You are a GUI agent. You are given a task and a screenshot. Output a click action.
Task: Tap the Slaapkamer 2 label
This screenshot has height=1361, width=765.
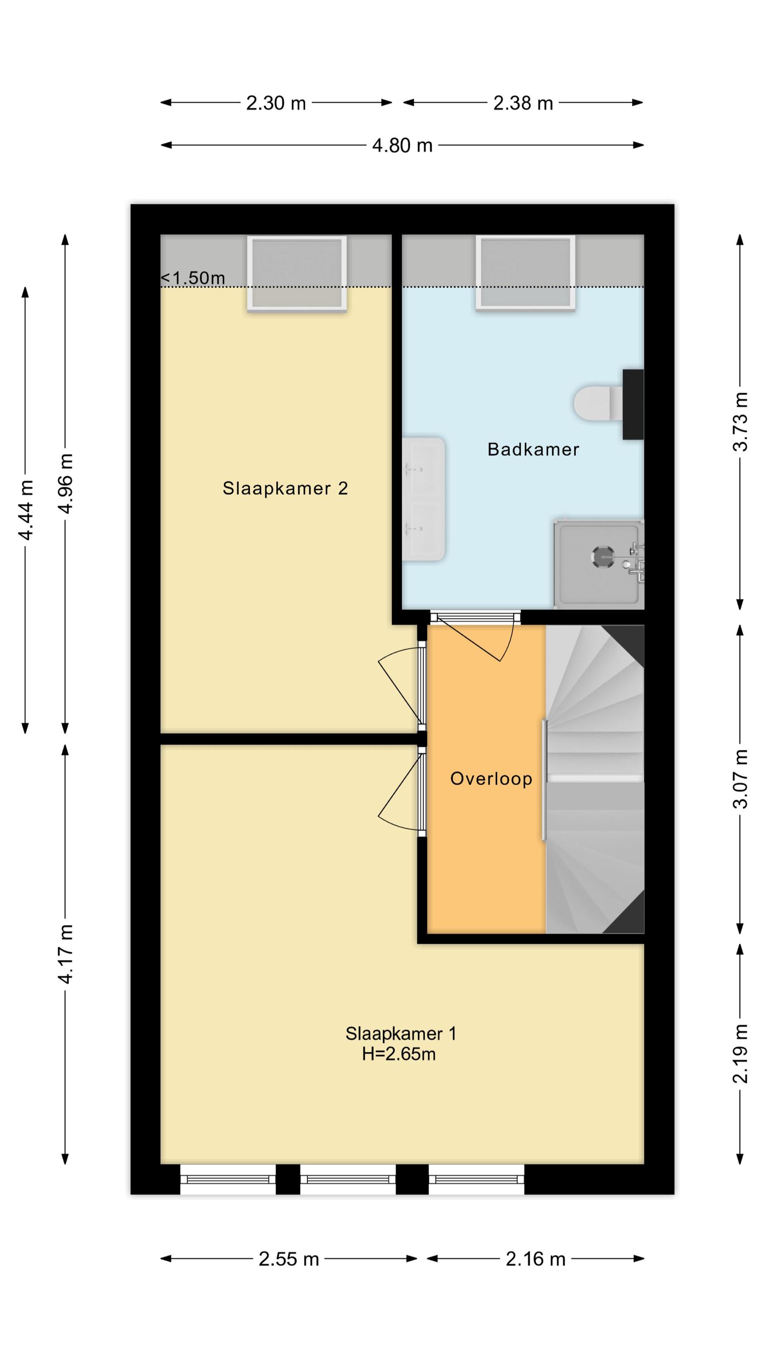click(x=285, y=488)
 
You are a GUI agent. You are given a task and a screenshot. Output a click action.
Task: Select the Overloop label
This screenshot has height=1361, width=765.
click(x=491, y=779)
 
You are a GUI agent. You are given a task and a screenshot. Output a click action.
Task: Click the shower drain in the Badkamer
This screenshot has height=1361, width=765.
click(x=603, y=556)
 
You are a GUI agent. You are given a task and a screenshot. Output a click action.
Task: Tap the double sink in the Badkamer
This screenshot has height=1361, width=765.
click(x=423, y=499)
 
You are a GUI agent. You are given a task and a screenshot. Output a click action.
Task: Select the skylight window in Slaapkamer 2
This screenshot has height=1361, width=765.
click(x=297, y=273)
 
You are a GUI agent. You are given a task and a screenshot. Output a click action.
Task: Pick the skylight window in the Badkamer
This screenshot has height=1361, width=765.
click(x=525, y=272)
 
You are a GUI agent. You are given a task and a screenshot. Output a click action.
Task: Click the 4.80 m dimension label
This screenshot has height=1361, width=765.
click(x=402, y=145)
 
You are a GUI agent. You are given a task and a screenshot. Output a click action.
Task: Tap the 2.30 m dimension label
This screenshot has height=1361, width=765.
click(x=276, y=103)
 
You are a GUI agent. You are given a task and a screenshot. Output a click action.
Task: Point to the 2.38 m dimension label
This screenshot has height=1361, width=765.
click(x=523, y=103)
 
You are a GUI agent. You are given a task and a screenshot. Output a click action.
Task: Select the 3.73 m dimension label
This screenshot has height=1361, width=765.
click(x=741, y=421)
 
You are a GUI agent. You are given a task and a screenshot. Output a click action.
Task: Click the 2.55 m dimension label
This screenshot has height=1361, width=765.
click(x=289, y=1259)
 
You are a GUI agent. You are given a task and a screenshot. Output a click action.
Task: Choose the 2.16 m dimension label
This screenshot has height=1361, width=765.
click(x=535, y=1259)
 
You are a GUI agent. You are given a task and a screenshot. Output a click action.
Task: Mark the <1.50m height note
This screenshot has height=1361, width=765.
click(x=193, y=278)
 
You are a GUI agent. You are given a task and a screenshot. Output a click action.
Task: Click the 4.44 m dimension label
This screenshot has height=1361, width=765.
click(x=25, y=510)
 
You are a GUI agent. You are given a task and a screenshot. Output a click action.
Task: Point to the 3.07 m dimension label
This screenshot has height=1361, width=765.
click(x=741, y=779)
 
